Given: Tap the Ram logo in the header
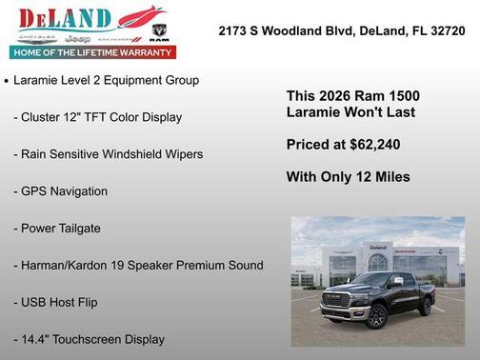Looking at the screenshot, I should coord(159,33).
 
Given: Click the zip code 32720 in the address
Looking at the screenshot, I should coord(445,30).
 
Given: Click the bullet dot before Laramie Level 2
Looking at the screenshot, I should coord(8,82).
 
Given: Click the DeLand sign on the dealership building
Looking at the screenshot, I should coord(378,248).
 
